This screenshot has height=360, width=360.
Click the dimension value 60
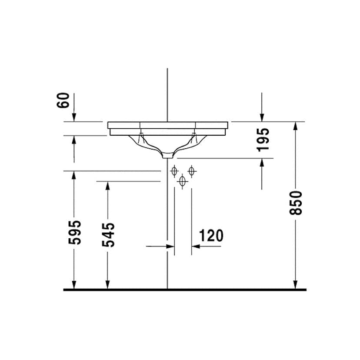tap(64, 100)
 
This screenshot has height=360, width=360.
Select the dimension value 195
tap(263, 139)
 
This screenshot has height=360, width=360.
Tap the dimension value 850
tap(296, 203)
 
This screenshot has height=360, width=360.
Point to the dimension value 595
tap(75, 232)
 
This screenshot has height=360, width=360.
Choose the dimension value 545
tap(109, 235)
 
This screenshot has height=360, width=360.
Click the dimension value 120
tap(211, 235)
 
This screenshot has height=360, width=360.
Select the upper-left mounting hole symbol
tap(174, 171)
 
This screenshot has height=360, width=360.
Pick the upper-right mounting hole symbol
tap(191, 171)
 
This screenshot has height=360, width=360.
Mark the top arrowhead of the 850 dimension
tap(296, 126)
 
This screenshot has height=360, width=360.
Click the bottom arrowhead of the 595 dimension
tap(74, 285)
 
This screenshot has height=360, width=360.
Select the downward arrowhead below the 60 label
tap(74, 117)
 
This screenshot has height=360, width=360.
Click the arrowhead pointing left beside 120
tap(195, 247)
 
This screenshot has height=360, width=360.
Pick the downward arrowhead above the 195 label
tap(262, 117)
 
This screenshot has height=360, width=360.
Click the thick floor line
tap(185, 290)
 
